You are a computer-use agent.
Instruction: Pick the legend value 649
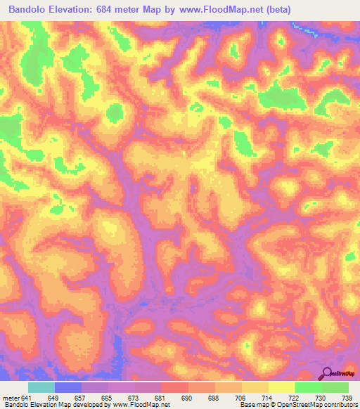point(67,398)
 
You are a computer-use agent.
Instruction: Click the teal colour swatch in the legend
point(41,387)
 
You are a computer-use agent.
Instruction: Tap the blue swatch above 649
point(68,387)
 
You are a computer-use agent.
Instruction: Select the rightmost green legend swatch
point(335,387)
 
